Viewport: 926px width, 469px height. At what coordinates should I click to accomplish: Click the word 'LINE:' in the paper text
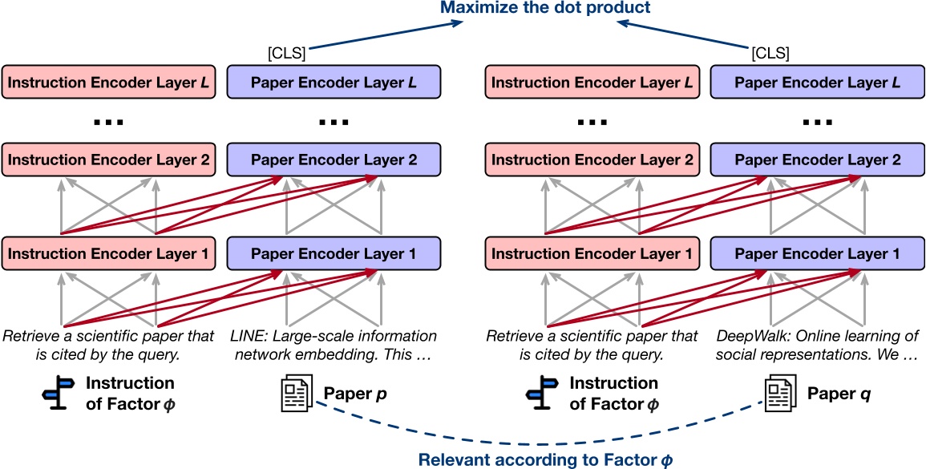[249, 335]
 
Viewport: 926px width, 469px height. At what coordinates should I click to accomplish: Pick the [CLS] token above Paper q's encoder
[770, 54]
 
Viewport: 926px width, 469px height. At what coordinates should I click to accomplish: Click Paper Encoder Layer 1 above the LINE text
[334, 253]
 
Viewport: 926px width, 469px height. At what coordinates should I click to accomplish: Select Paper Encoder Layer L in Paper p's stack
[334, 83]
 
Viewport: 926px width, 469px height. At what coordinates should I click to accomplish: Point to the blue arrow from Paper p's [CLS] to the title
[385, 36]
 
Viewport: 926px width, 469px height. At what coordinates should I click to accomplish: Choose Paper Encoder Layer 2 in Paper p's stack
[334, 160]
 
